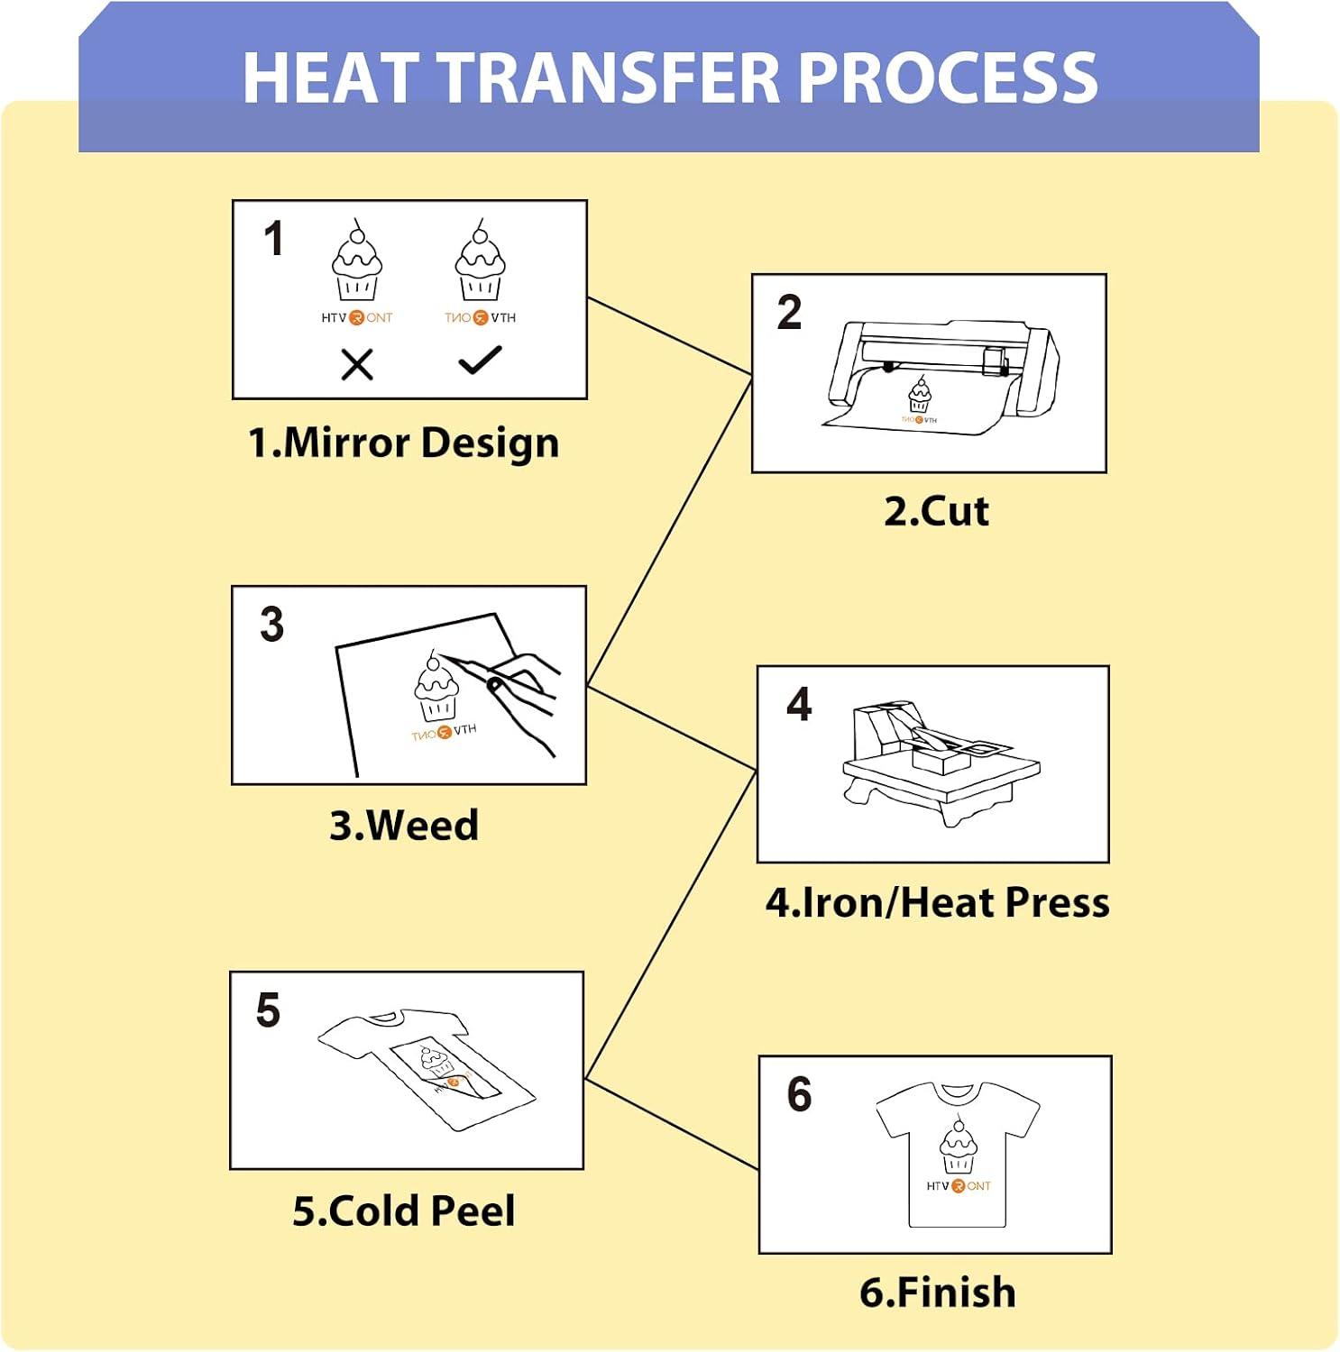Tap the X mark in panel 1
coord(357,365)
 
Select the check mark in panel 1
coord(480,360)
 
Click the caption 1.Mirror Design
coord(403,443)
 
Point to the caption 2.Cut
coord(936,511)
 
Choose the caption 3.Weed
coord(403,825)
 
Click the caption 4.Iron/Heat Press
coord(937,902)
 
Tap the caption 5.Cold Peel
coord(403,1210)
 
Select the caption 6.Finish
coord(937,1292)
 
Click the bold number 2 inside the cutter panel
coord(789,313)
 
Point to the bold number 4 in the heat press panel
coord(799,703)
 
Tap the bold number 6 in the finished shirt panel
coord(799,1094)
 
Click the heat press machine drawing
coord(941,763)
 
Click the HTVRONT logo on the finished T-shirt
coord(958,1186)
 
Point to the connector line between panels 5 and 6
coord(672,1124)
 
